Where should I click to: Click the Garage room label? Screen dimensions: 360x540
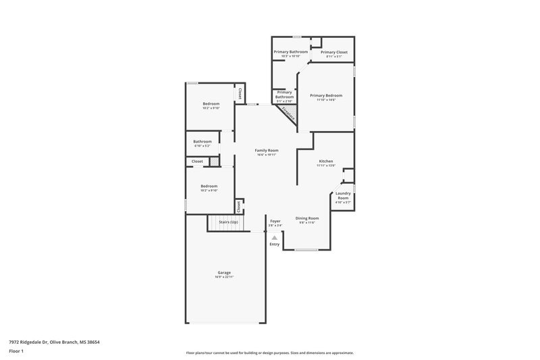click(x=223, y=273)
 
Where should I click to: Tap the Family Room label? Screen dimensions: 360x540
click(x=267, y=150)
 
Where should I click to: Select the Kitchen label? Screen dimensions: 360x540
click(x=327, y=162)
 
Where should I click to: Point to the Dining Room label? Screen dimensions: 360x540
click(x=307, y=218)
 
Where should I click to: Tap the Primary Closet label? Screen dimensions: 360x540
click(x=334, y=52)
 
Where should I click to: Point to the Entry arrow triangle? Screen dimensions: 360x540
click(x=274, y=238)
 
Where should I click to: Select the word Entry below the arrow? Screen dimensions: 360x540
click(x=274, y=245)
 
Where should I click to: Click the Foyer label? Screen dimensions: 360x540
click(x=275, y=221)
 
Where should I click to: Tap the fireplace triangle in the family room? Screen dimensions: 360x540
click(x=288, y=111)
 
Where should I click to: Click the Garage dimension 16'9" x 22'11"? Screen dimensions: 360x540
click(x=223, y=277)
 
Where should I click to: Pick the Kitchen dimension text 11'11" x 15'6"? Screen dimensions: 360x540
click(x=327, y=166)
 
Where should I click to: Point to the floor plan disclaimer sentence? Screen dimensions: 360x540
click(x=269, y=353)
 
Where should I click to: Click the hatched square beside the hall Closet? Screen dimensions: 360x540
click(x=213, y=161)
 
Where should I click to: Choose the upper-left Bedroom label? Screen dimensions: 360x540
click(x=211, y=104)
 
